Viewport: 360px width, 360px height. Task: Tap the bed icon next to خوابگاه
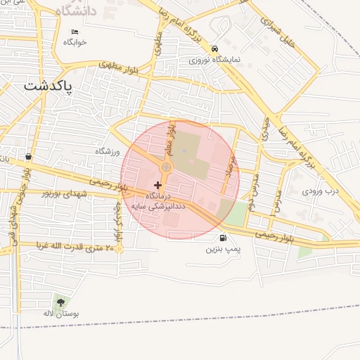(75, 32)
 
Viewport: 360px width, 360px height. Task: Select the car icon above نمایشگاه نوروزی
(214, 49)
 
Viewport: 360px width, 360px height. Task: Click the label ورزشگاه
(108, 151)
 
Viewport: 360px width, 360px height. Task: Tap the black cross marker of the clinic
(157, 184)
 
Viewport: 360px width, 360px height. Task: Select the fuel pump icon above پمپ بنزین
(223, 238)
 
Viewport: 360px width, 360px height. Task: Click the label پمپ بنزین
(223, 249)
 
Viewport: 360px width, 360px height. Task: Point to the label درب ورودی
(321, 190)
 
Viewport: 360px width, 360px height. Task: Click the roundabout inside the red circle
(167, 167)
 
